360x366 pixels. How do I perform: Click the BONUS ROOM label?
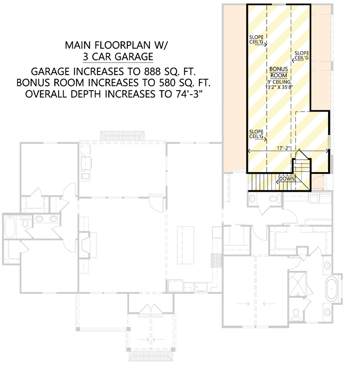278,71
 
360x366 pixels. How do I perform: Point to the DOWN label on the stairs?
285,178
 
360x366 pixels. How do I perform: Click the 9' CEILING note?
278,81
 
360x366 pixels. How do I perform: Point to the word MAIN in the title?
77,45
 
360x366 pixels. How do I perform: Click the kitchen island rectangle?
185,244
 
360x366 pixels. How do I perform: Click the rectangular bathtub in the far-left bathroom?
10,226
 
